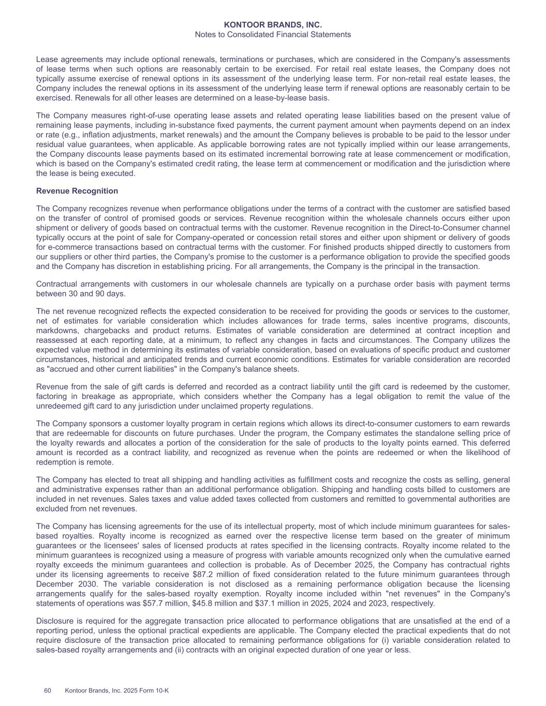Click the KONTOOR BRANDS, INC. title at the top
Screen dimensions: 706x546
pyautogui.click(x=273, y=25)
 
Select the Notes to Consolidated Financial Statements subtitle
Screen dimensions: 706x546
pyautogui.click(x=273, y=35)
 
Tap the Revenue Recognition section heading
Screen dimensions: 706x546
pyautogui.click(x=77, y=191)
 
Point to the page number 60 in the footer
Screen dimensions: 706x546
pyautogui.click(x=48, y=690)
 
